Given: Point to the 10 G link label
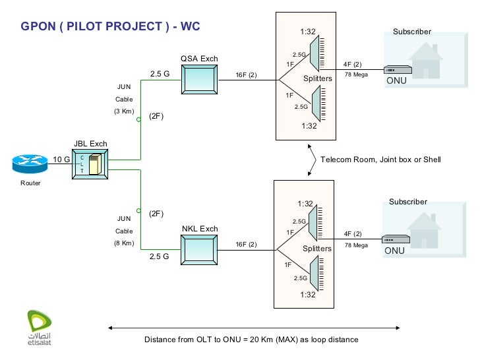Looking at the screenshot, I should (61, 159).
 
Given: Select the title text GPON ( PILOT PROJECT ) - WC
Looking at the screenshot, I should (110, 27).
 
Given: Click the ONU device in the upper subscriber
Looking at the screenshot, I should (398, 70).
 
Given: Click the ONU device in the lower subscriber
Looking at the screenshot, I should (397, 240).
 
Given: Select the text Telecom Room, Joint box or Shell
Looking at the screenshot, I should (380, 160).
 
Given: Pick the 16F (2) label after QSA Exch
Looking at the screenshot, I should (247, 75).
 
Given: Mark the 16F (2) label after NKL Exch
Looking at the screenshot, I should (247, 245).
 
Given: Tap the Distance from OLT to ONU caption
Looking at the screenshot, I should (251, 340).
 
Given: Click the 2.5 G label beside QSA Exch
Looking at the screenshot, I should (160, 75).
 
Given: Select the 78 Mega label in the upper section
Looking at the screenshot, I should (356, 75).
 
